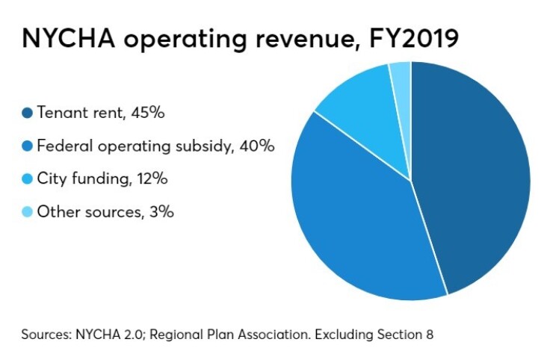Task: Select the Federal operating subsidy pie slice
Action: (x=359, y=224)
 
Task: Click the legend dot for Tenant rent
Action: (x=28, y=114)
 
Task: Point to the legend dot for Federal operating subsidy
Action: (x=28, y=146)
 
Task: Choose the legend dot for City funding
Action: (x=28, y=179)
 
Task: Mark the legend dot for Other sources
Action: (x=28, y=212)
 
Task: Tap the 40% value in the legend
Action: (x=256, y=146)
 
